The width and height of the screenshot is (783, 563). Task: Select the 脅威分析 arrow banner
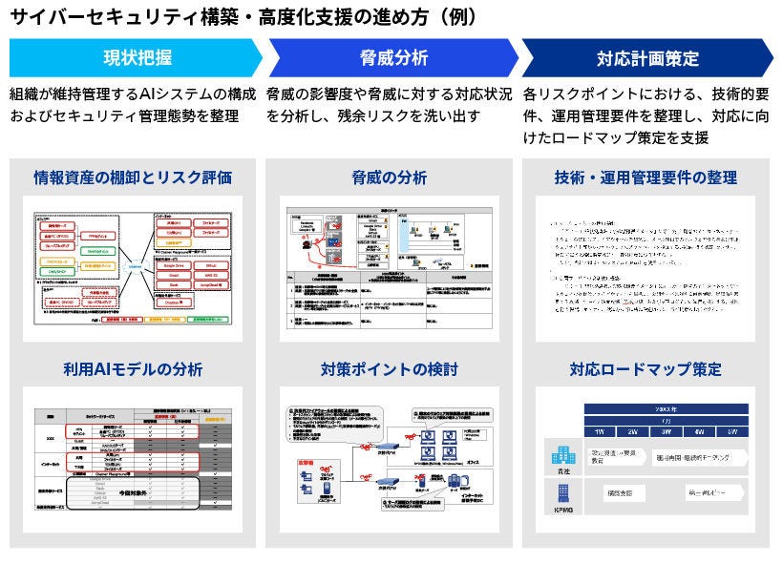pos(392,57)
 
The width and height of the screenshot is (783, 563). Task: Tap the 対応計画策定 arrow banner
pos(645,57)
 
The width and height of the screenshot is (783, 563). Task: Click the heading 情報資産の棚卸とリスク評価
pos(133,177)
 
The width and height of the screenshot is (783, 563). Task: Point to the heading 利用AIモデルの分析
pos(133,369)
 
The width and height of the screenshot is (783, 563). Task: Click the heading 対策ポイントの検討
pos(390,369)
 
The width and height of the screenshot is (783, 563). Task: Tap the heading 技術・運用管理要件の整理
pos(645,177)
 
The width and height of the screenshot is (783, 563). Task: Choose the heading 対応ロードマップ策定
pos(645,369)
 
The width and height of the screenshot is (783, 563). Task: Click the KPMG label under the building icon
pos(560,512)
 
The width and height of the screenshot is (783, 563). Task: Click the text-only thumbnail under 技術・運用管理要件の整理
pos(645,270)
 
